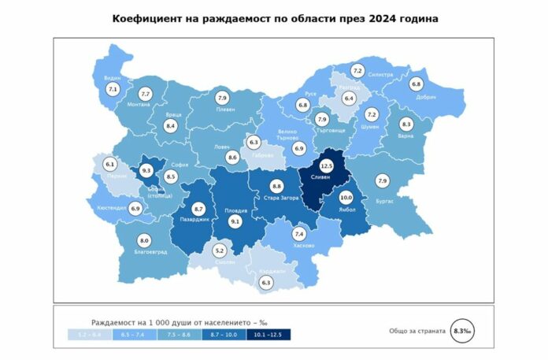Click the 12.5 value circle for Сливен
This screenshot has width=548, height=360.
(x=327, y=166)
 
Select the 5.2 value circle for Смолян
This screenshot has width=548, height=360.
(x=220, y=251)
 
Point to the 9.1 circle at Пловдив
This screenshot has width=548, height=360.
(x=235, y=223)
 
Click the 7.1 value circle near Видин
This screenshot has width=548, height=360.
(x=111, y=90)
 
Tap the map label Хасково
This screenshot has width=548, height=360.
(x=303, y=245)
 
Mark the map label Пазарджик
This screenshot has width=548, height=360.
(x=194, y=220)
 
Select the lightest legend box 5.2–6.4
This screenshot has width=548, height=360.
(x=90, y=336)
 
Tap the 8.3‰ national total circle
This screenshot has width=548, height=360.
(x=460, y=332)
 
